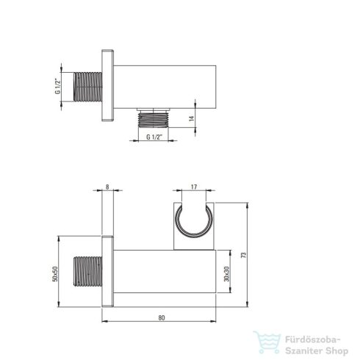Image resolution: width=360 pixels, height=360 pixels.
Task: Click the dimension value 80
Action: [162, 317]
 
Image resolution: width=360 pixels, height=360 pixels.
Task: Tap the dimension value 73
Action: [243, 255]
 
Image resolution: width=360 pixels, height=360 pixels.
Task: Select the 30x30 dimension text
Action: [227, 274]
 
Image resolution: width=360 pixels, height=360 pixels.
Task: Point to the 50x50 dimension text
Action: [55, 274]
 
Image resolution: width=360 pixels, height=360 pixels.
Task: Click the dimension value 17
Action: [194, 187]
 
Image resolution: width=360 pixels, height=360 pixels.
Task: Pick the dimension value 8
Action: [107, 187]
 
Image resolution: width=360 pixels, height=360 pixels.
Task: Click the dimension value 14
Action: [192, 118]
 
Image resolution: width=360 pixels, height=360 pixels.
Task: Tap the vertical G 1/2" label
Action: [57, 86]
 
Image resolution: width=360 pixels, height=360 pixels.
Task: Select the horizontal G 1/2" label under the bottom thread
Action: [154, 137]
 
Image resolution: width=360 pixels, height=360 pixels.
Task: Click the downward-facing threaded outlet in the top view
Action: [154, 119]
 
